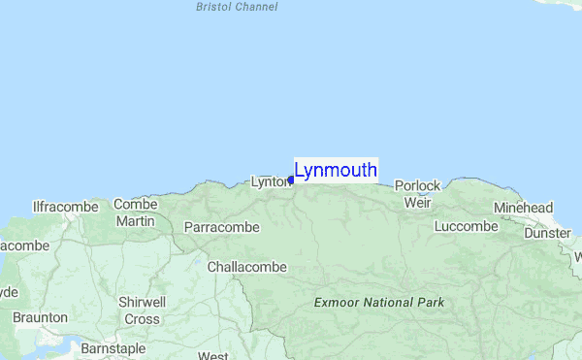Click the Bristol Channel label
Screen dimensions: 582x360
[x=237, y=7]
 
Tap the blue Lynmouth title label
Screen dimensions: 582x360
[x=336, y=171]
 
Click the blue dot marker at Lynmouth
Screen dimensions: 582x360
[x=291, y=180]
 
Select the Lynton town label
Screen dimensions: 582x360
[x=270, y=181]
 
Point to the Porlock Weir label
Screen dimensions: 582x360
[x=417, y=194]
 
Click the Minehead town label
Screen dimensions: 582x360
[x=523, y=208]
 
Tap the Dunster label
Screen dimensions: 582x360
[x=548, y=233]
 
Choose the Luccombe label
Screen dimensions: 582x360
[x=467, y=226]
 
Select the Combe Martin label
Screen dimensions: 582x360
[x=135, y=213]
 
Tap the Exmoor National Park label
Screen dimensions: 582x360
[x=379, y=303]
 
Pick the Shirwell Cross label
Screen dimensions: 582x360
[x=142, y=311]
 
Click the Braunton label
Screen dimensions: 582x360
[x=40, y=317]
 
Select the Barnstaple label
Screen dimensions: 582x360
[x=113, y=347]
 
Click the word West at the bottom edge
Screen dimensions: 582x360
[x=212, y=355]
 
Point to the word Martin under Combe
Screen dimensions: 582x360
[x=135, y=222]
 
